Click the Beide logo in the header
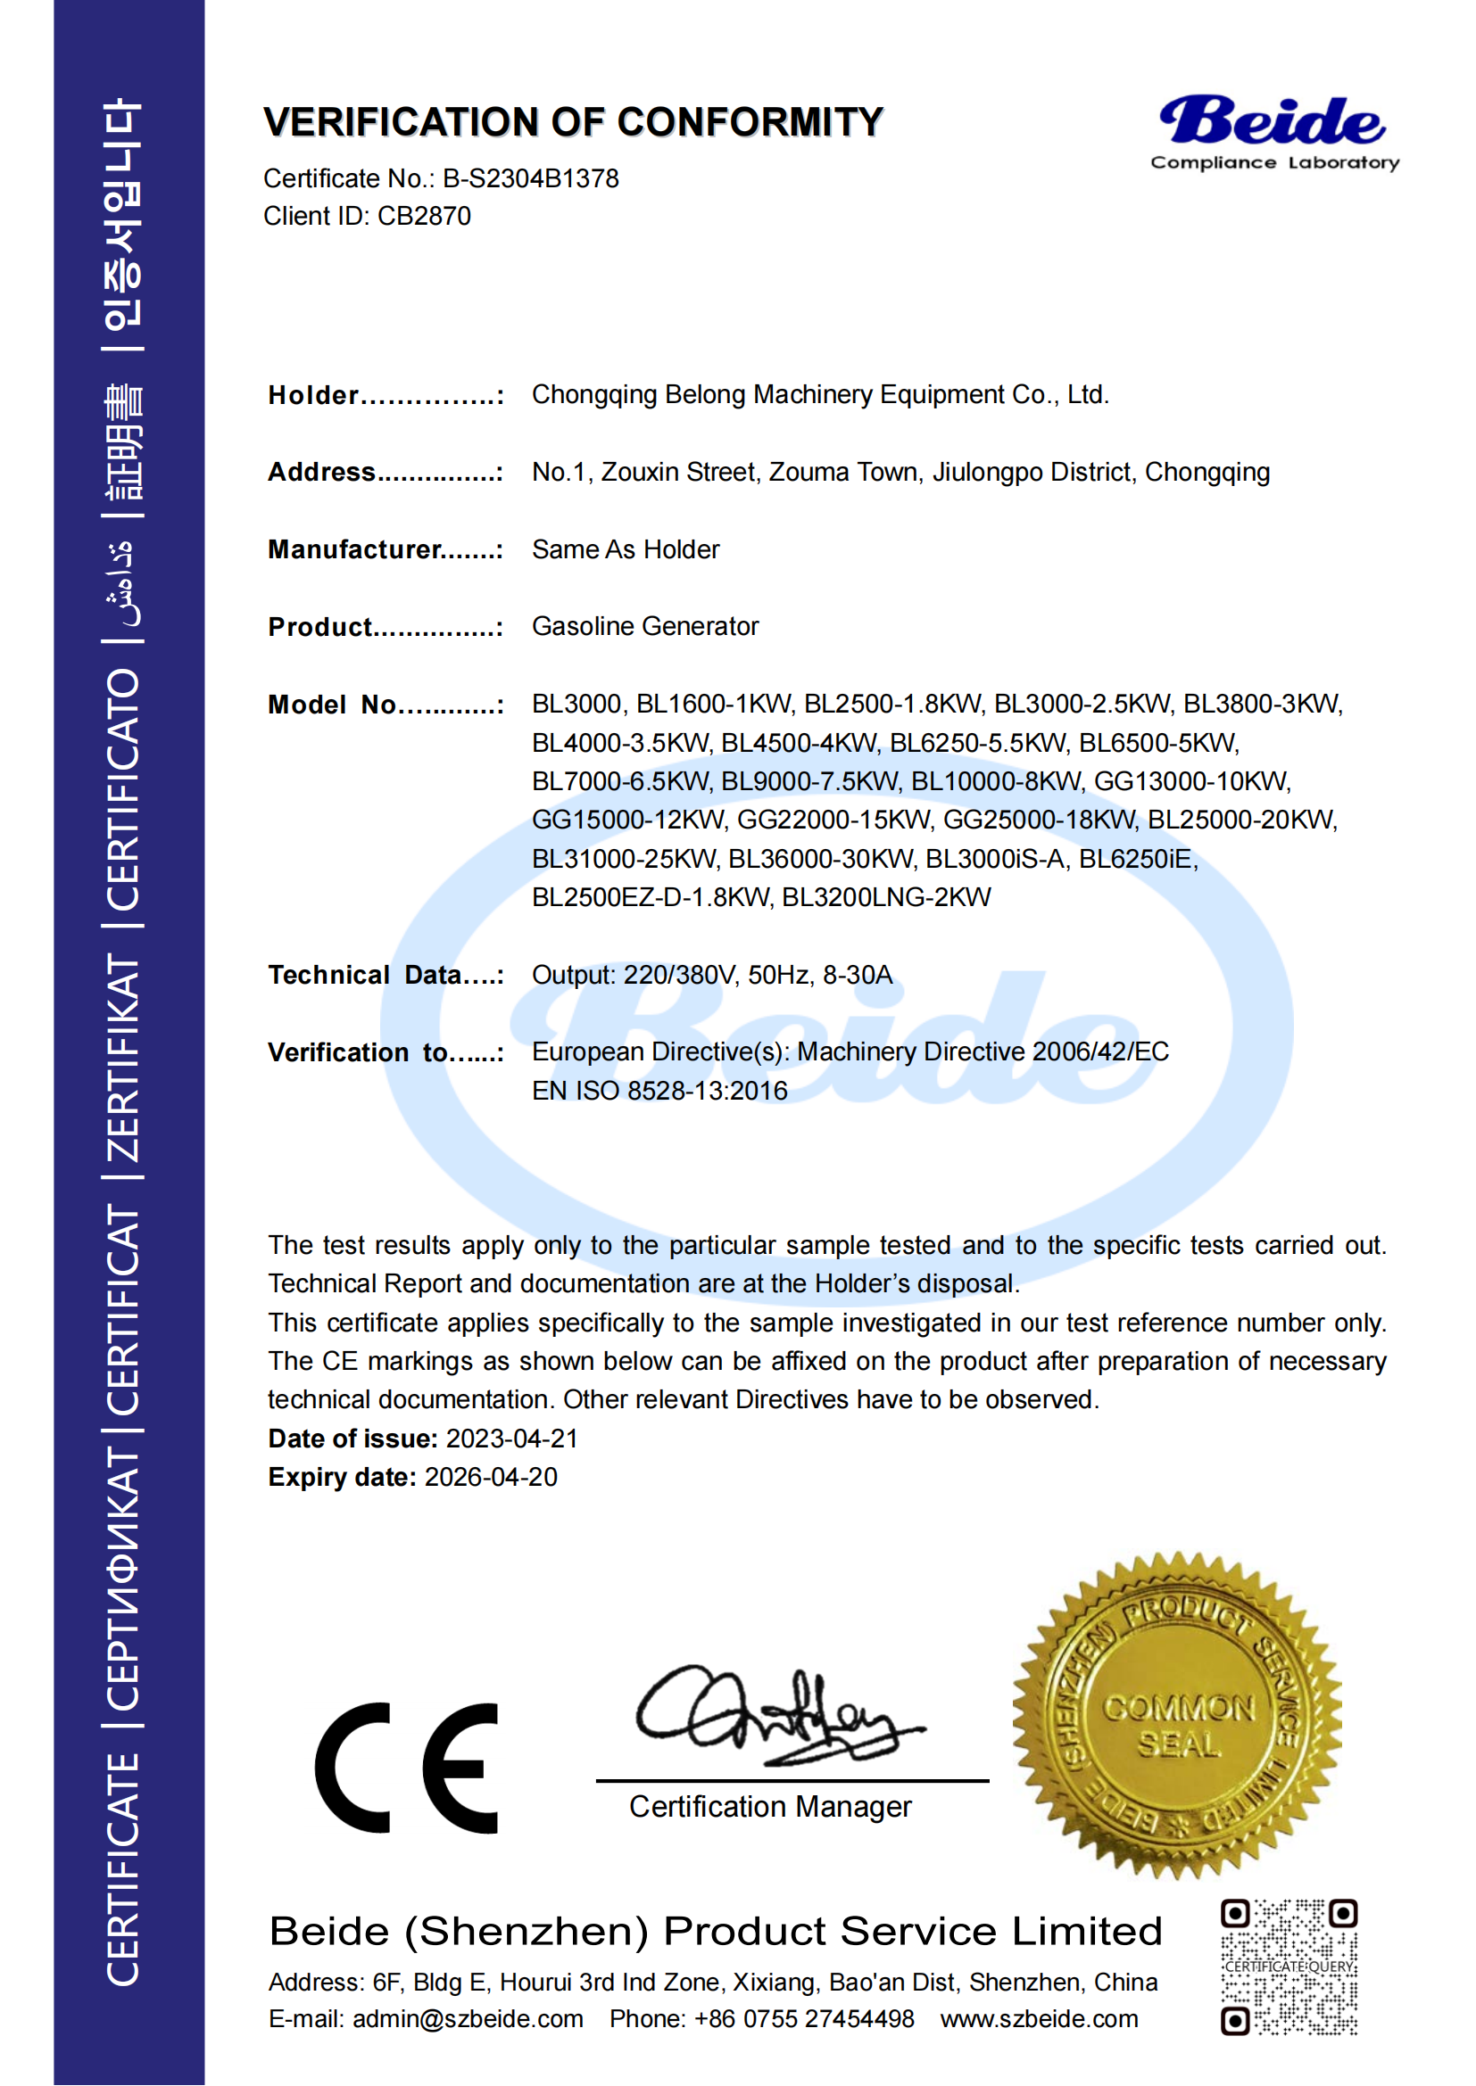click(x=1273, y=132)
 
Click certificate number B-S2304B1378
click(x=531, y=178)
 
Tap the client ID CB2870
click(x=424, y=216)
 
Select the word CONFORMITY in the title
click(x=750, y=123)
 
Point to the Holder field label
click(x=313, y=395)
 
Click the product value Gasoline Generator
click(x=644, y=626)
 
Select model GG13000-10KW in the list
click(x=1191, y=781)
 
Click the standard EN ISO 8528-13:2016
click(x=659, y=1090)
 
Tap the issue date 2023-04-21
click(x=511, y=1439)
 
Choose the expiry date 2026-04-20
click(x=491, y=1477)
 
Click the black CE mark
click(x=407, y=1768)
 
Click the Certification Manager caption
click(x=770, y=1807)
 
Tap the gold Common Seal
click(x=1178, y=1715)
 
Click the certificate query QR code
click(x=1289, y=1966)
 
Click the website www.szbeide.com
click(x=1039, y=2019)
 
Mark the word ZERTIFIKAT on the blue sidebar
click(x=124, y=1058)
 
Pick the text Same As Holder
click(x=626, y=549)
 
